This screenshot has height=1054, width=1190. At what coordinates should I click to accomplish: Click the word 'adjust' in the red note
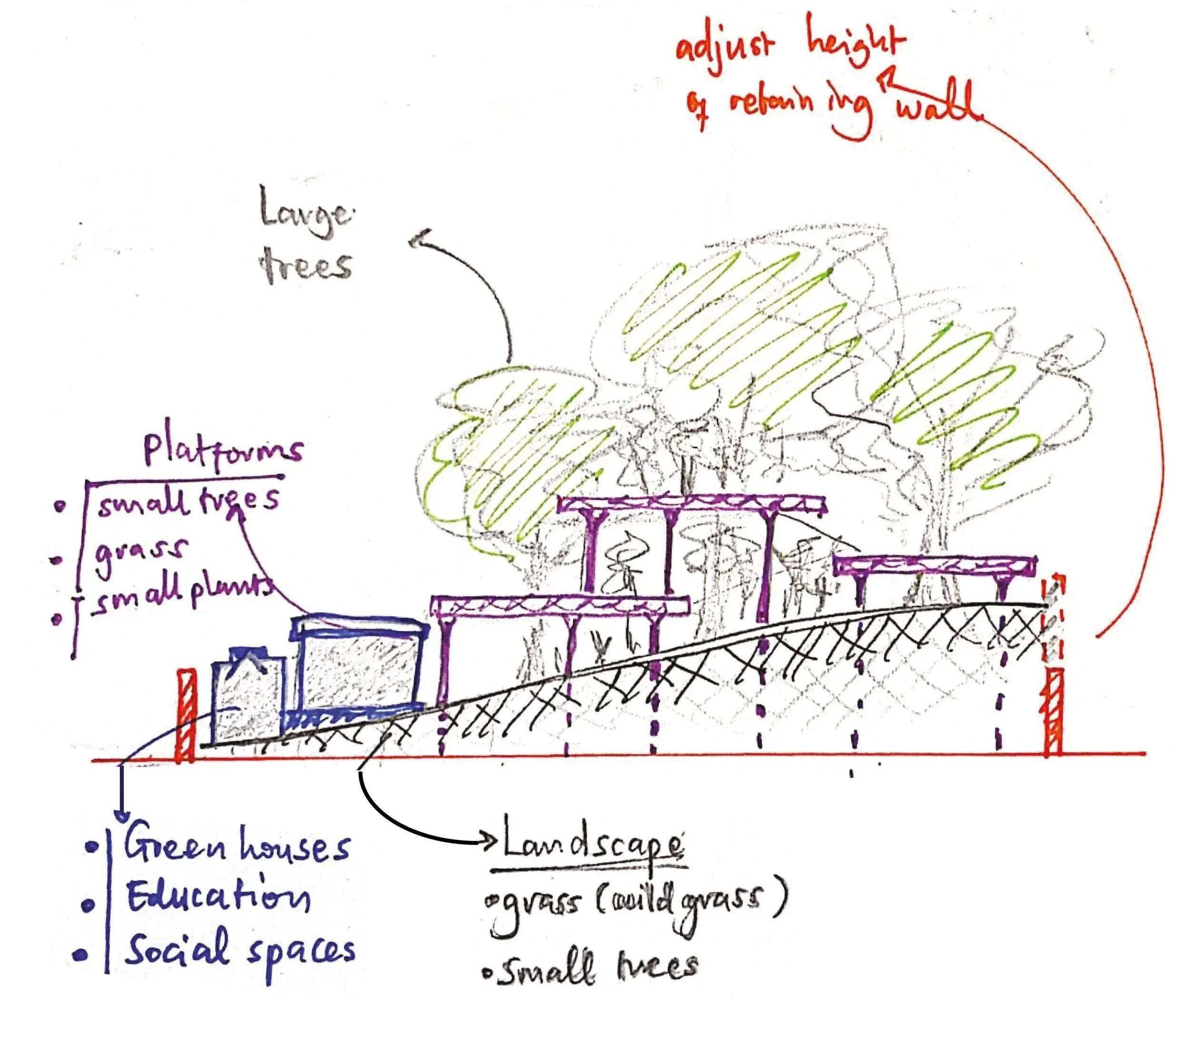[725, 45]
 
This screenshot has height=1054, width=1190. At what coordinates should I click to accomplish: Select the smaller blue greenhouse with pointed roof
[248, 699]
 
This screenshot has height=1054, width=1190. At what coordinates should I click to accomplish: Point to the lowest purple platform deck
[559, 606]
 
